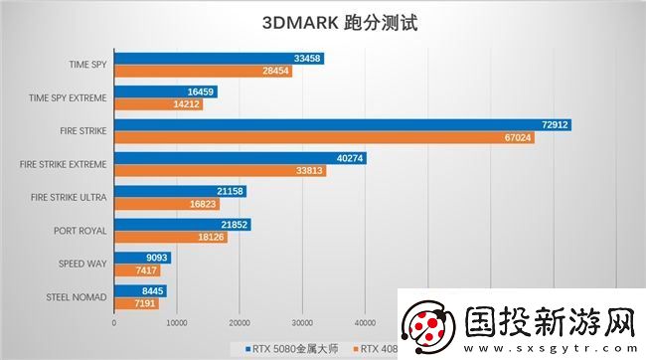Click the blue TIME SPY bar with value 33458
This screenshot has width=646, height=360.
pos(219,59)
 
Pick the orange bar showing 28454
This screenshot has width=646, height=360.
pos(203,72)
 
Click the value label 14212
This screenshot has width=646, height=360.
pos(186,104)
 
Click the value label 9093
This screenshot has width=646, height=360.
pos(155,258)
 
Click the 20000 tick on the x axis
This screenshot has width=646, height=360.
pos(240,322)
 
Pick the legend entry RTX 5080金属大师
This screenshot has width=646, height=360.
pos(294,348)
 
